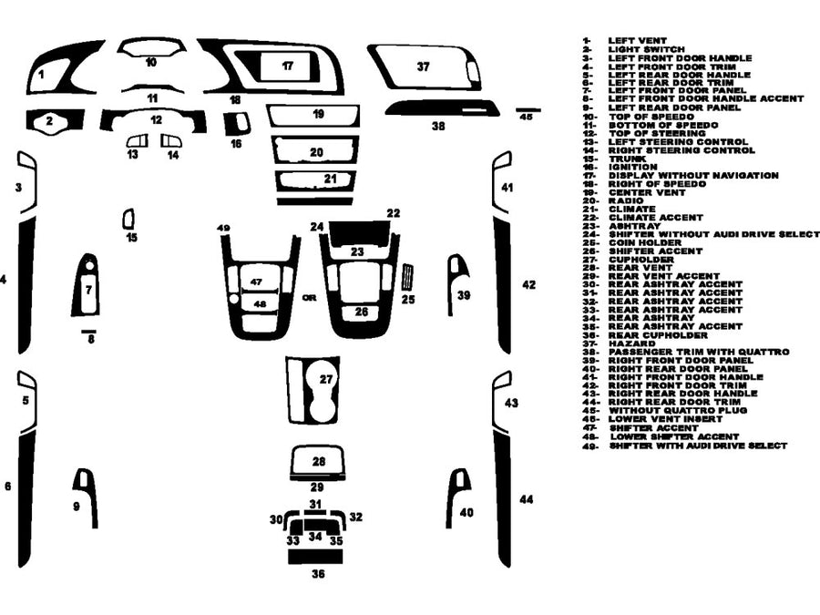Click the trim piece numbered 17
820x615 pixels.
[288, 66]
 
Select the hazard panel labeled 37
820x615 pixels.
[423, 67]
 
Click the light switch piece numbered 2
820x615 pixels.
[50, 119]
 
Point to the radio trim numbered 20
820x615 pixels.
[316, 151]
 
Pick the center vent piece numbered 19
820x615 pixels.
[317, 115]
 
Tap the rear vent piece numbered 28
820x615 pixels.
[318, 461]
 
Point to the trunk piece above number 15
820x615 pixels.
[128, 219]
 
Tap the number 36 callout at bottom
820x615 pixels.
[317, 574]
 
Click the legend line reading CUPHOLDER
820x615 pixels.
[641, 260]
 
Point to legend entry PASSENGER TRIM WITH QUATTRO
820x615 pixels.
[699, 352]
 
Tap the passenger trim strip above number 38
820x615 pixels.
[442, 109]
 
